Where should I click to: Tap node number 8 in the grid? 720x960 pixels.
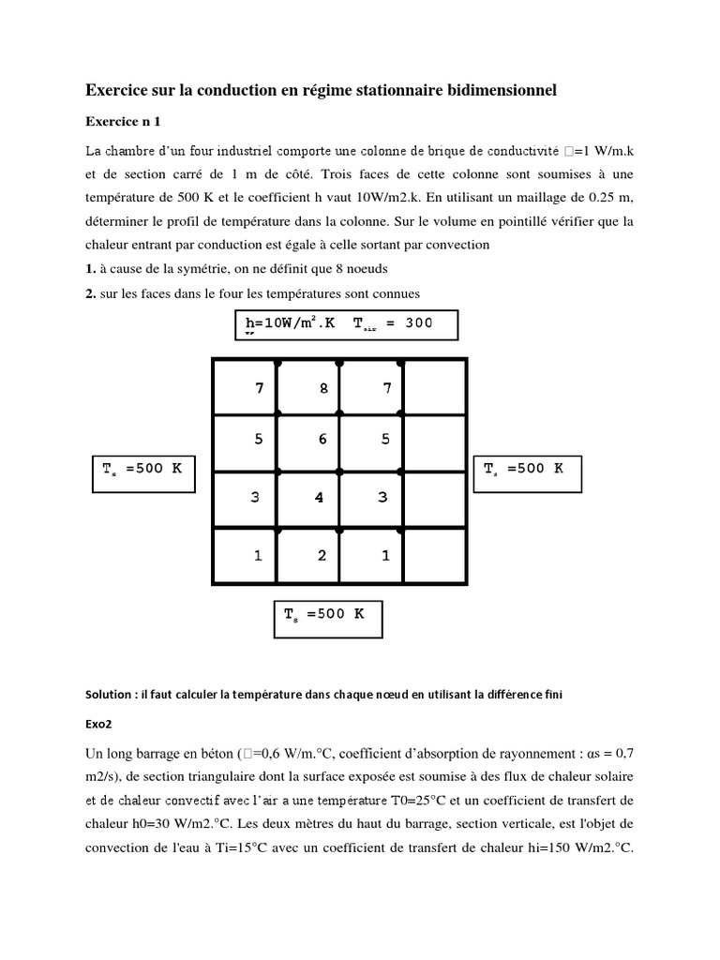click(x=323, y=388)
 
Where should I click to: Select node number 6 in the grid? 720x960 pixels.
click(x=322, y=440)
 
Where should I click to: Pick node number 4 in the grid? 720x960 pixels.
click(x=319, y=498)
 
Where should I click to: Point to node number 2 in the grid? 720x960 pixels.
click(x=322, y=556)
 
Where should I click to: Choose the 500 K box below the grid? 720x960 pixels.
click(x=328, y=618)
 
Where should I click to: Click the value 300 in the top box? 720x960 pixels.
click(x=418, y=322)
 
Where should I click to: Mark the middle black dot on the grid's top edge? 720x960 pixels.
click(x=339, y=360)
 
